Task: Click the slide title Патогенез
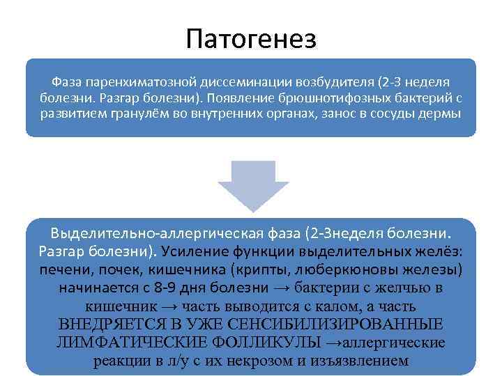(251, 38)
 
